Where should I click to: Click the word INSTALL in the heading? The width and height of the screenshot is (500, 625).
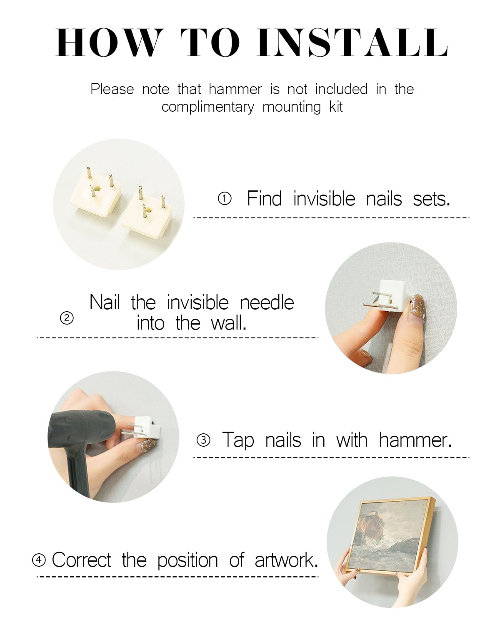coord(352,42)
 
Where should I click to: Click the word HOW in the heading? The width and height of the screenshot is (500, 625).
coord(108,42)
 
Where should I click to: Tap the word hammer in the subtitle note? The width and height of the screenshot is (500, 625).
coord(235,89)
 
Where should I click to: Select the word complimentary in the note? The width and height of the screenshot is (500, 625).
coord(208,107)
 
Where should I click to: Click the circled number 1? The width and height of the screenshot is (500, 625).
coord(225,199)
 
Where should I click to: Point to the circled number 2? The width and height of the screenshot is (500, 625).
coord(67,318)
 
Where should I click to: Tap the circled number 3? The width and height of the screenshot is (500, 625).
coord(203,440)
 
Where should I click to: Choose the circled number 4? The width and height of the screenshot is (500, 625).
coord(39,560)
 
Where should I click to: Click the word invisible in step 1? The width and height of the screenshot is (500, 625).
coord(324,199)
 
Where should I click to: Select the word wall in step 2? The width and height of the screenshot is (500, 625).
coord(228,323)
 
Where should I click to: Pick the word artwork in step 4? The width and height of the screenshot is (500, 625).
coord(286,560)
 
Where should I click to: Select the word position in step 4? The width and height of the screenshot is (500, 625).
coord(187,560)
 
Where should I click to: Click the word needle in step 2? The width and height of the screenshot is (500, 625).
coord(267,303)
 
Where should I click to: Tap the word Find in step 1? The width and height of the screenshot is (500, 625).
coord(265,199)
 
